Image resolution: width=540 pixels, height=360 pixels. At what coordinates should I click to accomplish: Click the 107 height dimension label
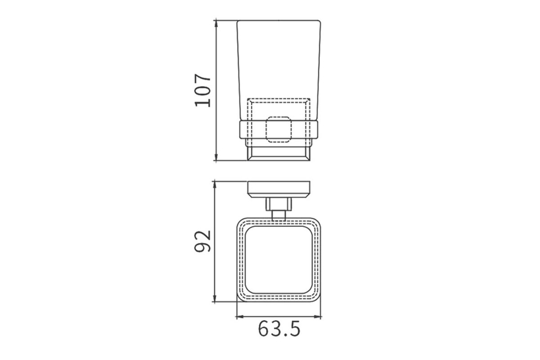click(203, 90)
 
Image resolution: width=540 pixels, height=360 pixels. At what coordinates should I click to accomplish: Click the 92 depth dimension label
click(203, 241)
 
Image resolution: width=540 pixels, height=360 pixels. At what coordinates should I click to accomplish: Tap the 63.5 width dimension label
click(279, 328)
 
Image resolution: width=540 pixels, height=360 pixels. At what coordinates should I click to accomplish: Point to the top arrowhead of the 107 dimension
click(216, 24)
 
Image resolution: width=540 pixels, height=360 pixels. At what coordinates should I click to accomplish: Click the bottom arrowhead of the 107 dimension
click(216, 157)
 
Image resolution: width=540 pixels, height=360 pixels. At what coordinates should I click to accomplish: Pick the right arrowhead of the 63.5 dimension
click(317, 317)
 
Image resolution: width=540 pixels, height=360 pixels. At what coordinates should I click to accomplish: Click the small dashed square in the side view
click(279, 130)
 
